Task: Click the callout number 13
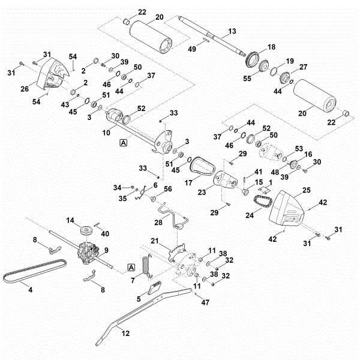pos(233,30)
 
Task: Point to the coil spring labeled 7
pos(146,265)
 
